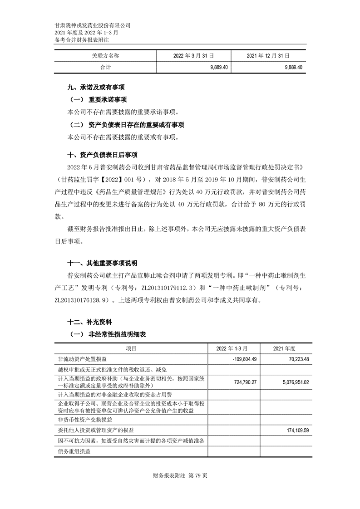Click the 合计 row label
tap(105, 67)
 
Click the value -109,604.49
tap(244, 359)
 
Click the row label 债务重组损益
tap(74, 452)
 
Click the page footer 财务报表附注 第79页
tap(180, 476)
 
